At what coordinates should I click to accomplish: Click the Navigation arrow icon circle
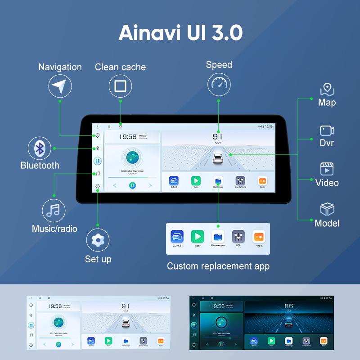click(60, 85)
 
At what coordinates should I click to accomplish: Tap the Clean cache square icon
click(120, 85)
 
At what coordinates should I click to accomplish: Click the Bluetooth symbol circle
click(40, 148)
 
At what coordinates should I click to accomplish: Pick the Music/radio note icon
click(54, 210)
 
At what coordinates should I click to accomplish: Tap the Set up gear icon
click(98, 240)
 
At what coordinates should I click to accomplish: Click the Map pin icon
click(327, 89)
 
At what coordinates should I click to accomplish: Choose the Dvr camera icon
click(327, 130)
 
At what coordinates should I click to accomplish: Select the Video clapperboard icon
click(327, 169)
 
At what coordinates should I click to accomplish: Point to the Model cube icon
click(327, 210)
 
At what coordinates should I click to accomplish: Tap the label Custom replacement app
click(218, 266)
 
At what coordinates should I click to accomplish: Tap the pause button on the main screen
click(132, 185)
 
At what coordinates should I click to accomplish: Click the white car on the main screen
click(218, 159)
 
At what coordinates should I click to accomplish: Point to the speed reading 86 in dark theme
click(288, 306)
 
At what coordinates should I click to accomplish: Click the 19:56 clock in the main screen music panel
click(128, 137)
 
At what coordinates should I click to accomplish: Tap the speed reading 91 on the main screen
click(218, 136)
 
